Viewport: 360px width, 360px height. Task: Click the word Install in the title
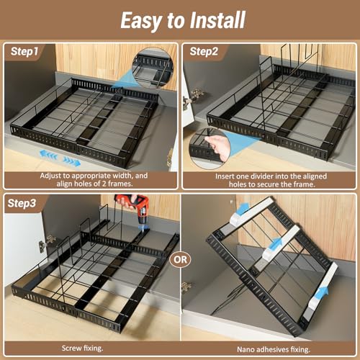[x=217, y=20]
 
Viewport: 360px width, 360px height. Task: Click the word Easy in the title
[x=140, y=21]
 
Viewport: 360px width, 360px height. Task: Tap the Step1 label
[x=24, y=51]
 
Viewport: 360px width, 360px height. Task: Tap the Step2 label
[x=204, y=51]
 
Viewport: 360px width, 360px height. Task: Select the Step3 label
[x=22, y=203]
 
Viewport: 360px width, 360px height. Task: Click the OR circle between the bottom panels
[x=180, y=259]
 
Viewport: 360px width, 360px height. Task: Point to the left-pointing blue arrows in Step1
[x=49, y=155]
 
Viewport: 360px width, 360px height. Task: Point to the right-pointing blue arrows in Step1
[x=72, y=162]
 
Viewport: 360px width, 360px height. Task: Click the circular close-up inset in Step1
[x=152, y=68]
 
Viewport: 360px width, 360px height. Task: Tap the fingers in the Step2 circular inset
[x=217, y=147]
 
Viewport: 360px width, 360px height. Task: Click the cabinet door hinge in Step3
[x=48, y=243]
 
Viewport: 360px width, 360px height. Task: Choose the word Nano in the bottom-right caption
[x=246, y=349]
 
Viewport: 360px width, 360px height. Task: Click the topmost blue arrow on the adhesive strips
[x=243, y=208]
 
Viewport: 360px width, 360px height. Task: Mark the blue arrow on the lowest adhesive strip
[x=322, y=294]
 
